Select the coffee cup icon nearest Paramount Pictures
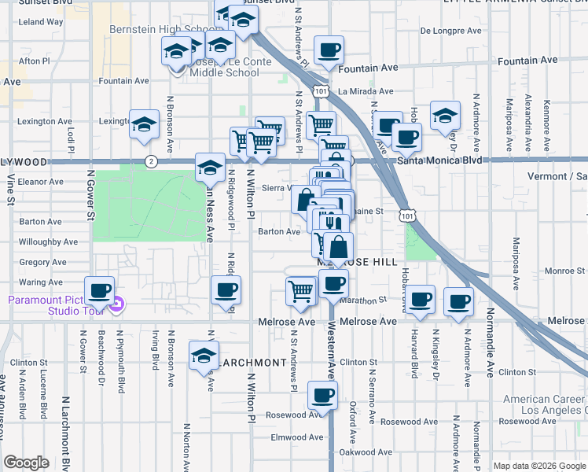tap(100, 291)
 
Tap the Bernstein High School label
tap(164, 29)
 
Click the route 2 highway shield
tap(151, 160)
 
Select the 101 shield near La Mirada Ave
tap(320, 92)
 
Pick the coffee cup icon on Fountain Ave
tap(329, 51)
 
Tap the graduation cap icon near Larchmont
tap(204, 356)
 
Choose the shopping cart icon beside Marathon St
tap(301, 290)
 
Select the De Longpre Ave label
tap(450, 31)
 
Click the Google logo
tap(26, 463)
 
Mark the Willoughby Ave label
tap(48, 242)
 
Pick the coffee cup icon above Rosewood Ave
tap(322, 395)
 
